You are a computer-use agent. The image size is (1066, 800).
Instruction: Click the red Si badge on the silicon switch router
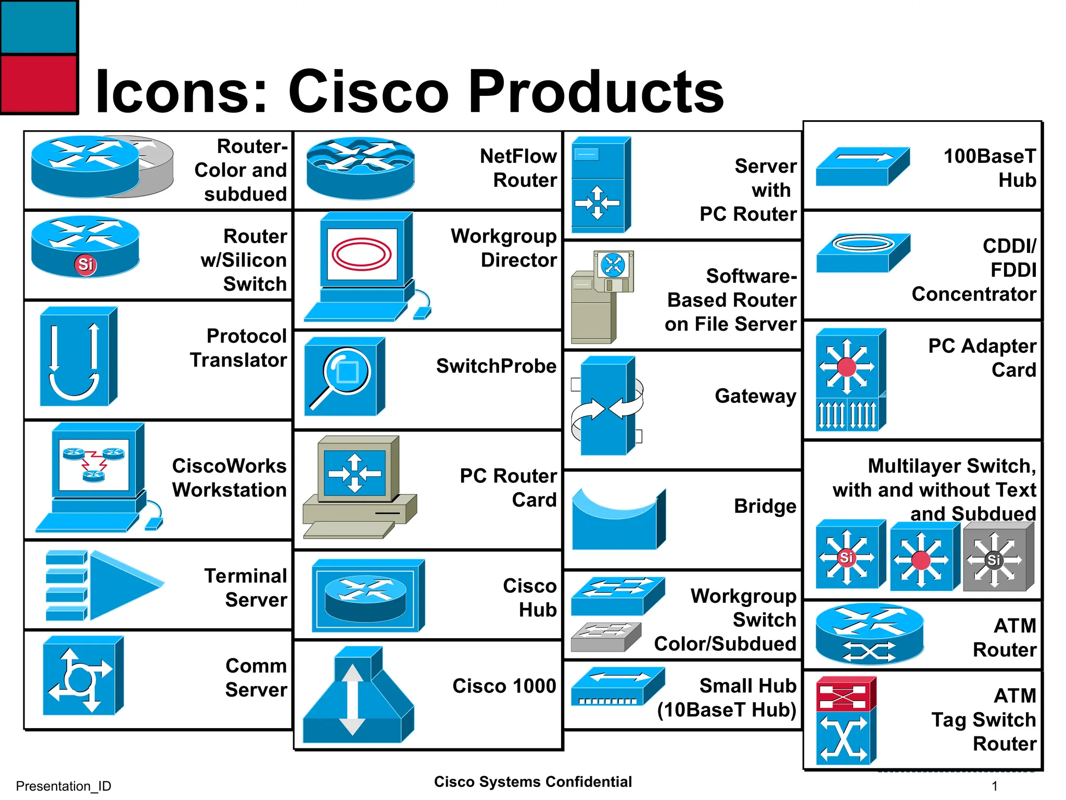(x=85, y=264)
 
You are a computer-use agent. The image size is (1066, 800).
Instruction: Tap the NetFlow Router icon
(x=360, y=168)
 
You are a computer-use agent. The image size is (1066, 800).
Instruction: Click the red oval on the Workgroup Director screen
(x=361, y=254)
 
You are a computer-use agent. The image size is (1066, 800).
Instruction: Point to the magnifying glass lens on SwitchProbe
(x=347, y=371)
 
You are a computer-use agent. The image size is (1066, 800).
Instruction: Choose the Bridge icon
(x=618, y=520)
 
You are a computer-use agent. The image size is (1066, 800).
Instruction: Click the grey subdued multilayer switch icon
(x=997, y=557)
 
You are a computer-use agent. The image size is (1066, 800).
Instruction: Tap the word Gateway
(x=755, y=396)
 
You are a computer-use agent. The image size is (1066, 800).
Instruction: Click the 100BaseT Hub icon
(x=862, y=167)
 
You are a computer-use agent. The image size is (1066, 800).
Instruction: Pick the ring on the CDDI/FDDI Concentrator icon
(x=863, y=243)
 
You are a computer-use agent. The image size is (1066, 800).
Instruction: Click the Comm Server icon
(x=82, y=676)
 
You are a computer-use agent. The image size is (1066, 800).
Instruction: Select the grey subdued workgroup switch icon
(x=605, y=637)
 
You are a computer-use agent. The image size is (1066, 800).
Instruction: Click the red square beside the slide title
(x=39, y=83)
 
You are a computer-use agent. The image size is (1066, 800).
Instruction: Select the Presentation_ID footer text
(x=64, y=786)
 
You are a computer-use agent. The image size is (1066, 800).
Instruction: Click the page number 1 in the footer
(x=995, y=786)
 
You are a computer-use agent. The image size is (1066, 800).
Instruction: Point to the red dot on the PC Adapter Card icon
(x=847, y=367)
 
